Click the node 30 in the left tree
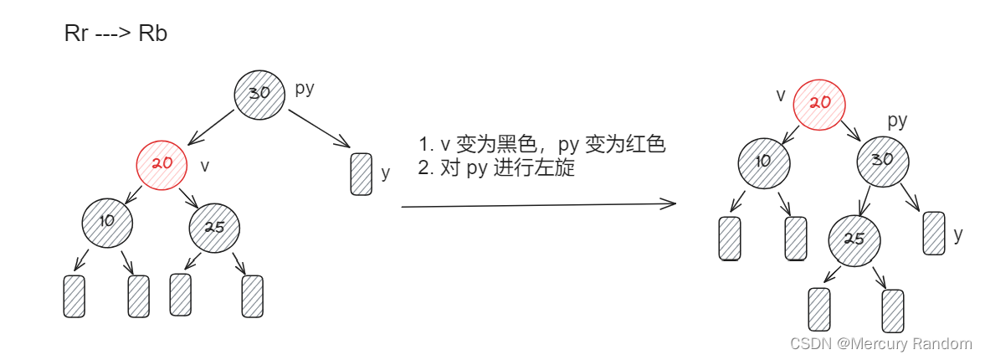pyautogui.click(x=259, y=93)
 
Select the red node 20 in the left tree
pyautogui.click(x=162, y=162)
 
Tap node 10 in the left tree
pyautogui.click(x=107, y=221)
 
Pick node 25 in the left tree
pyautogui.click(x=214, y=226)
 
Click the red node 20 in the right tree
pyautogui.click(x=819, y=103)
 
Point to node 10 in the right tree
pyautogui.click(x=763, y=161)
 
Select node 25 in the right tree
pyautogui.click(x=854, y=239)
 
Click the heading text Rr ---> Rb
pyautogui.click(x=115, y=34)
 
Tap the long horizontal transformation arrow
pyautogui.click(x=537, y=204)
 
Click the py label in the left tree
pyautogui.click(x=305, y=87)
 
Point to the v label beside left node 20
pyautogui.click(x=205, y=166)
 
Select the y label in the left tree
pyautogui.click(x=386, y=173)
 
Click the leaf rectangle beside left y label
pyautogui.click(x=361, y=174)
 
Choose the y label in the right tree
pyautogui.click(x=958, y=234)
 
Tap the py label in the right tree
pyautogui.click(x=897, y=121)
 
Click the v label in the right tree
pyautogui.click(x=781, y=95)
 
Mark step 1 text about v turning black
pyautogui.click(x=541, y=144)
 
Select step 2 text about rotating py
pyautogui.click(x=496, y=167)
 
